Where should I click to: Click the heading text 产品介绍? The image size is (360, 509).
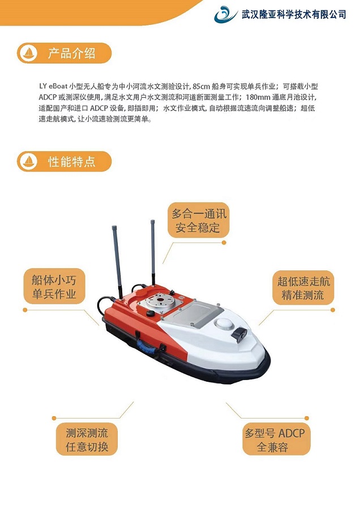pos(71,54)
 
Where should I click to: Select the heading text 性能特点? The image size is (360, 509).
pos(71,162)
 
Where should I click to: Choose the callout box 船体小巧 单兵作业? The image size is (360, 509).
pos(50,287)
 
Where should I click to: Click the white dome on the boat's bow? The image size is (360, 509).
pos(224,325)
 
